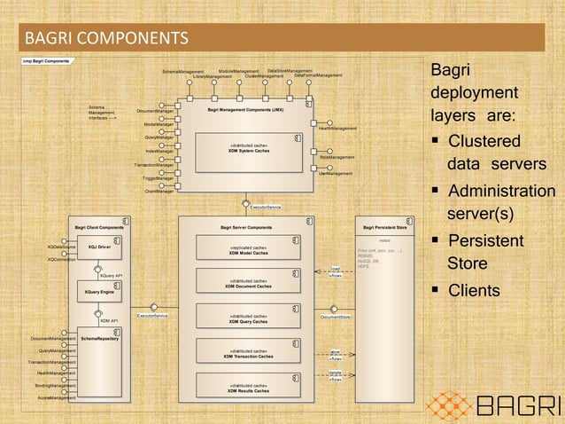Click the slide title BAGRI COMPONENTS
[x=105, y=40]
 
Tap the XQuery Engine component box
[x=99, y=291]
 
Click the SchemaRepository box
[x=99, y=339]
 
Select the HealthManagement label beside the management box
[x=337, y=129]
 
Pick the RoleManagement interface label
[x=337, y=157]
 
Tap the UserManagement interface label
[x=336, y=173]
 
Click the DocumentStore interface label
[x=336, y=316]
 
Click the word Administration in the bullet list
[x=502, y=192]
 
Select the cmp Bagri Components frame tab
[x=46, y=60]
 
